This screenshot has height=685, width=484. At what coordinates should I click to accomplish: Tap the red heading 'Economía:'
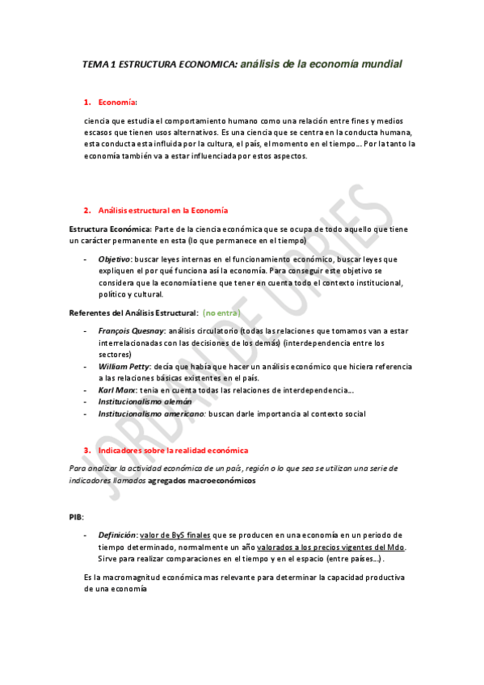click(x=118, y=102)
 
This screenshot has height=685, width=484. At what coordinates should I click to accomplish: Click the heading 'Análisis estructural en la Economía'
click(x=162, y=210)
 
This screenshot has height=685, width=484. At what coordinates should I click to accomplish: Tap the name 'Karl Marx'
click(x=116, y=390)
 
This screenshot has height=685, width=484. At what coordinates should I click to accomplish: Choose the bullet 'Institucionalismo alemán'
click(x=145, y=401)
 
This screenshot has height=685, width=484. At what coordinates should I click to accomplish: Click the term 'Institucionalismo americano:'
click(x=152, y=414)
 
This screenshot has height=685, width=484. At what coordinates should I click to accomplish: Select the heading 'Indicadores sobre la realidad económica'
click(x=173, y=450)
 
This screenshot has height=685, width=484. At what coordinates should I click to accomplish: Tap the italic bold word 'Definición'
click(x=117, y=535)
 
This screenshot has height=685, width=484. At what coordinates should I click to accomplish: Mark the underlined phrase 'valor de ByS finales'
click(x=177, y=535)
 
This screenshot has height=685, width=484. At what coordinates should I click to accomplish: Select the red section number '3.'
click(x=87, y=450)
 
